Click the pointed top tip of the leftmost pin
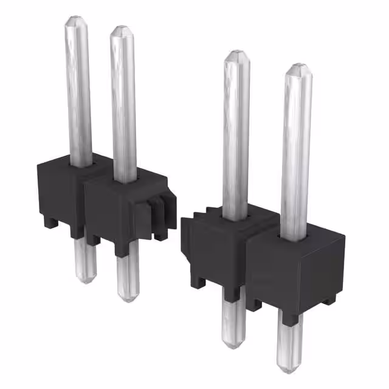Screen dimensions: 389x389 [x=77, y=19]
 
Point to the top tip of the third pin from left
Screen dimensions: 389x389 [x=236, y=55]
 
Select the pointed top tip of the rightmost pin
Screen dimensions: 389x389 [x=297, y=66]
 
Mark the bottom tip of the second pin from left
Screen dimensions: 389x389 [x=127, y=297]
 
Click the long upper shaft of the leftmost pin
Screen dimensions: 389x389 [x=78, y=91]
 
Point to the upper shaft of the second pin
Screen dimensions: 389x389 [x=123, y=103]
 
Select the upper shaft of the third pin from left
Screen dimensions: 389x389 [x=236, y=134]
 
